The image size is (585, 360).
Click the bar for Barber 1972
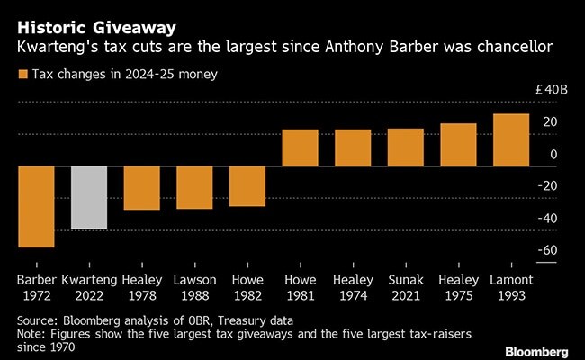tap(37, 206)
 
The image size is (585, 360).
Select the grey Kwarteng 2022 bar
tap(89, 197)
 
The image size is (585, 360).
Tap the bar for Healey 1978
tap(141, 187)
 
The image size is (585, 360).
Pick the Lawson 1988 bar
tap(194, 186)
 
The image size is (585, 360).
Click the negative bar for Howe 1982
tap(247, 185)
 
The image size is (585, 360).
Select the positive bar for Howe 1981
tap(300, 148)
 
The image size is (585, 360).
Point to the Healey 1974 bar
tap(353, 148)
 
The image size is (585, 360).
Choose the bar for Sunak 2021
tap(405, 147)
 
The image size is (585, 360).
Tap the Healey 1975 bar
tap(458, 144)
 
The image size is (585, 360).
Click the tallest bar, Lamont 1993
tap(511, 139)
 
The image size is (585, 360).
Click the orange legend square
tap(22, 76)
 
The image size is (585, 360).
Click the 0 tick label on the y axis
tap(553, 154)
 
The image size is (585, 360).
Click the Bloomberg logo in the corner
tap(536, 349)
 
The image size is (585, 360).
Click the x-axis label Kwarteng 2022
tap(89, 287)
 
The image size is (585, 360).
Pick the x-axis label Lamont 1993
tap(511, 287)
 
